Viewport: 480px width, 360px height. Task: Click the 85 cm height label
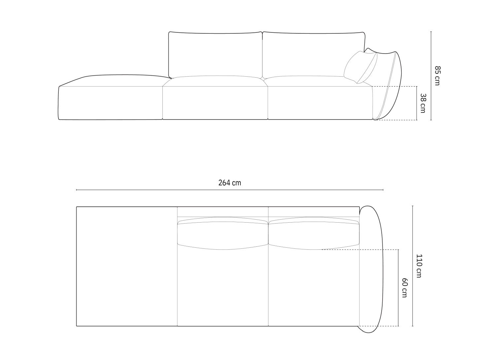click(437, 76)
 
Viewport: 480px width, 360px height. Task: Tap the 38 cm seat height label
click(423, 103)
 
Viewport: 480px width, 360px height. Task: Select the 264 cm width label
click(230, 183)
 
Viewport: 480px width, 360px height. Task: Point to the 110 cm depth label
click(419, 266)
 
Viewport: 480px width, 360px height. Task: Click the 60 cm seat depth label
click(405, 288)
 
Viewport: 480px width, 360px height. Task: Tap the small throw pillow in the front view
click(360, 67)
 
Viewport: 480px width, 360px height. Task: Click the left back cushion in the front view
click(215, 55)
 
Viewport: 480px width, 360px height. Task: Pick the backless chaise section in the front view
click(111, 97)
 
